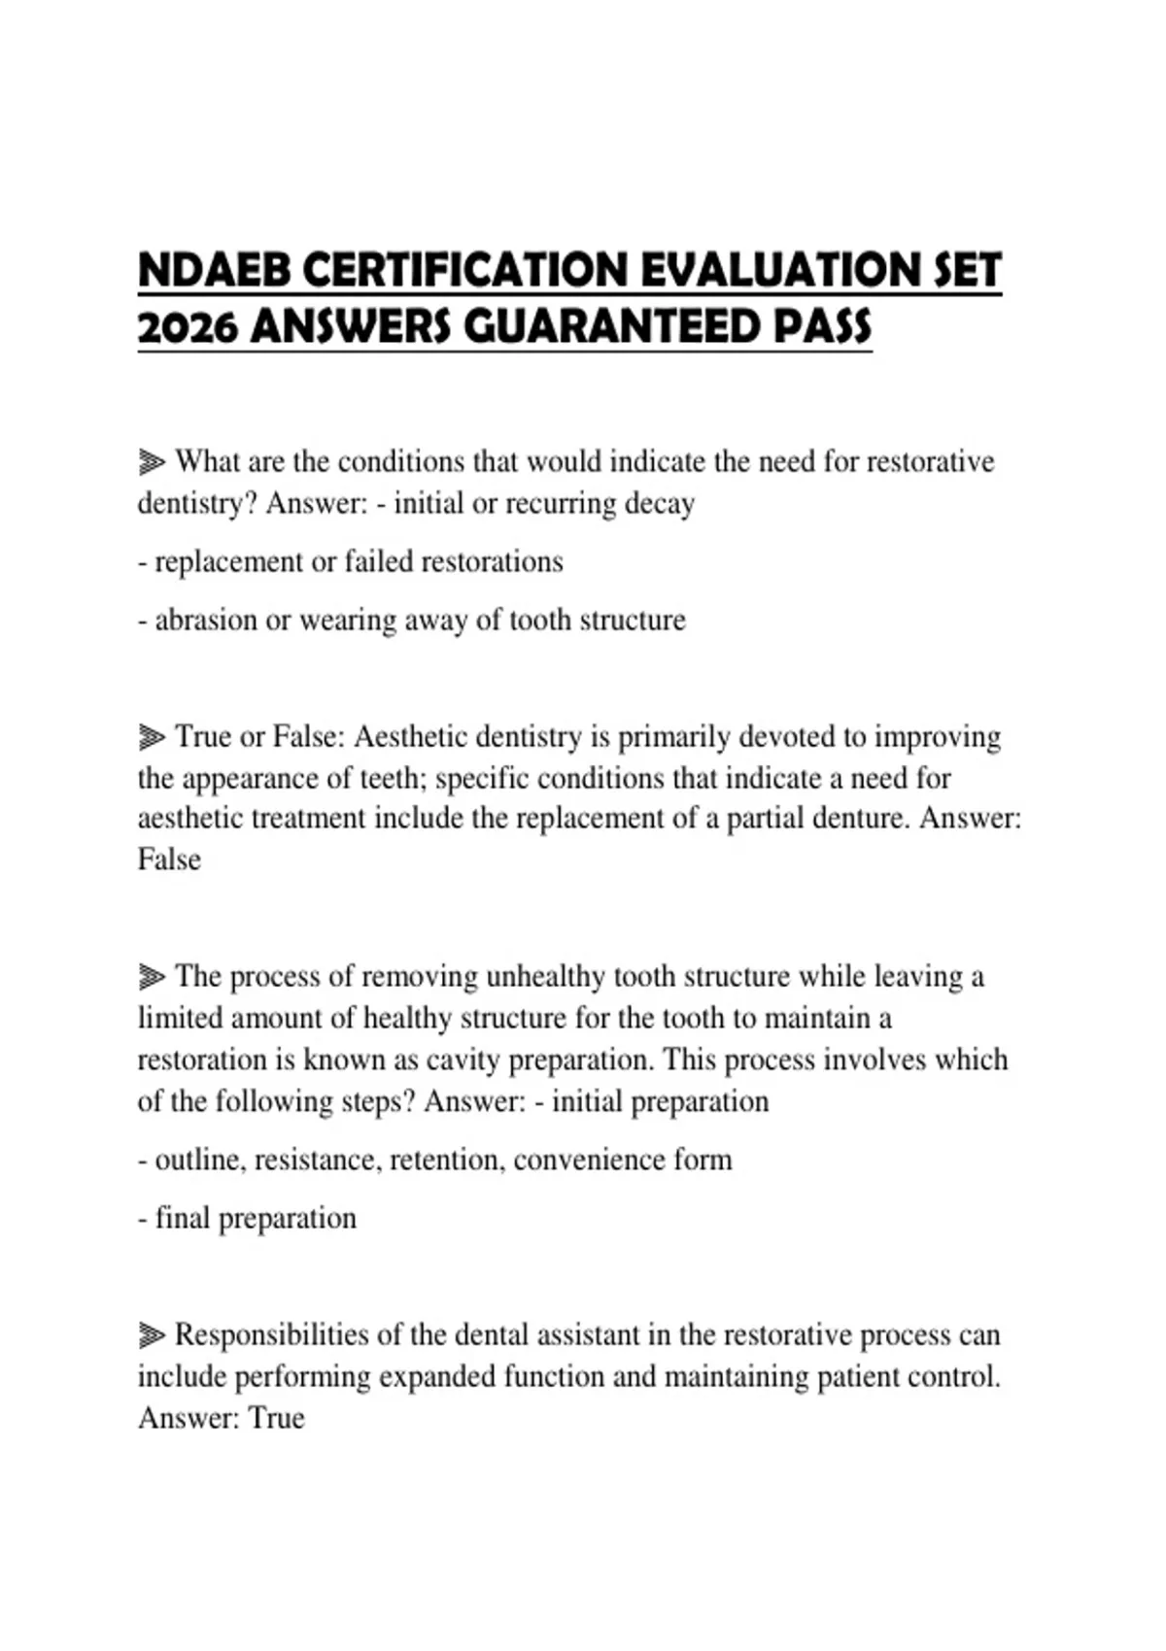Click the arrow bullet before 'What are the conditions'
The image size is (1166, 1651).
point(152,461)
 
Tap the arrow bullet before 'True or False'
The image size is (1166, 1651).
point(152,738)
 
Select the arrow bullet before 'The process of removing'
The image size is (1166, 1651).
point(152,976)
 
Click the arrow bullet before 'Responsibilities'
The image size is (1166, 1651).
point(152,1335)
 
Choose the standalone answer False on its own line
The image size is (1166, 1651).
point(169,859)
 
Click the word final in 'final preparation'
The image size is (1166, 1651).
point(183,1218)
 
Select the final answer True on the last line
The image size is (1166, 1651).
point(277,1418)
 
